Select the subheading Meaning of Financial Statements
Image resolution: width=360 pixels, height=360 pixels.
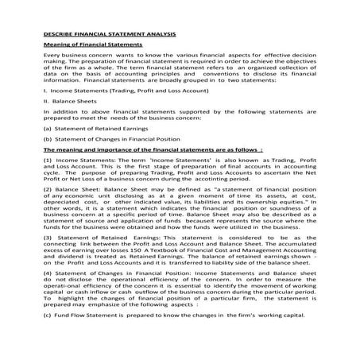(92, 47)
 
